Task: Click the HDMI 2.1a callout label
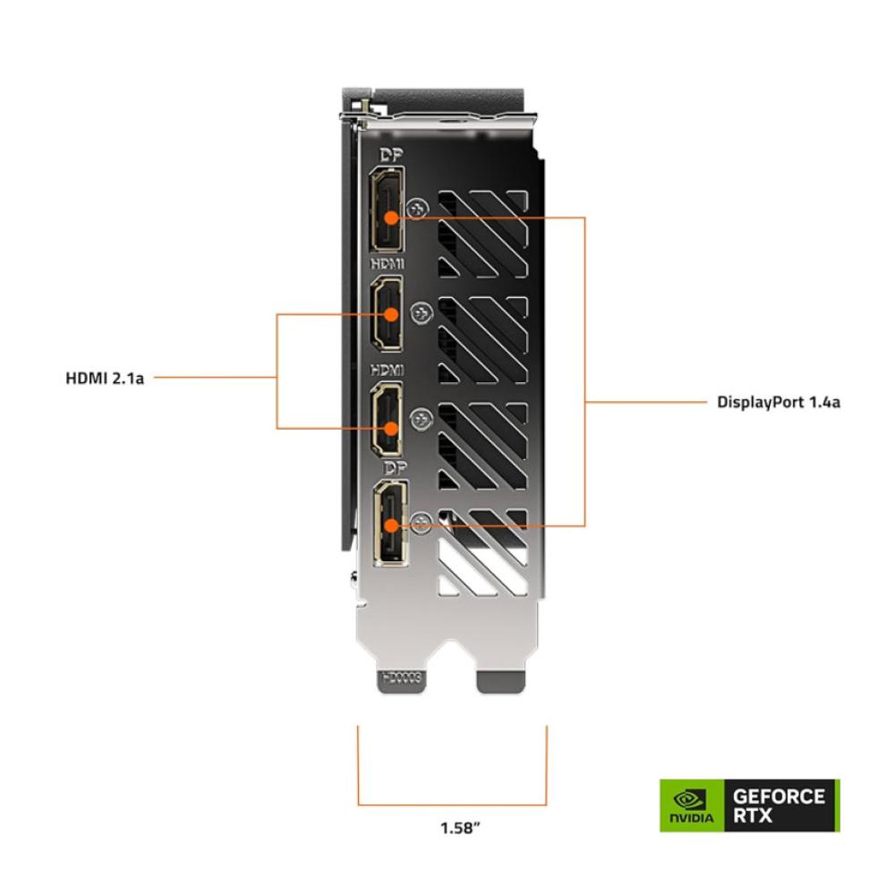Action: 105,379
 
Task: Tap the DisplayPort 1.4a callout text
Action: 779,403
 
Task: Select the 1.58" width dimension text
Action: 460,828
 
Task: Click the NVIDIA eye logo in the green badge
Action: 691,799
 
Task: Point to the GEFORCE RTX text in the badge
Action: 779,805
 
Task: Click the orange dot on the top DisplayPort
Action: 391,217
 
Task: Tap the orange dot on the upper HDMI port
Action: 392,314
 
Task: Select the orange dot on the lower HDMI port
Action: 391,428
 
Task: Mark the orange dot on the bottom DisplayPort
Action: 391,525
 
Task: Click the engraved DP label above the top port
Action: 391,155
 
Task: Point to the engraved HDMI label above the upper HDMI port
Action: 388,263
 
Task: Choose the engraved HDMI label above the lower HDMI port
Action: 388,371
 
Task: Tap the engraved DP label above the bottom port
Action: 396,469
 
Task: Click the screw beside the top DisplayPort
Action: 418,209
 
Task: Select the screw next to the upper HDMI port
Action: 422,312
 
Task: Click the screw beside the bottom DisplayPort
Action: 422,522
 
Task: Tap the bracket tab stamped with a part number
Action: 402,680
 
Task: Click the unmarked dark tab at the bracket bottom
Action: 500,681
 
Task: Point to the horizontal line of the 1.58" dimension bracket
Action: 452,805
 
